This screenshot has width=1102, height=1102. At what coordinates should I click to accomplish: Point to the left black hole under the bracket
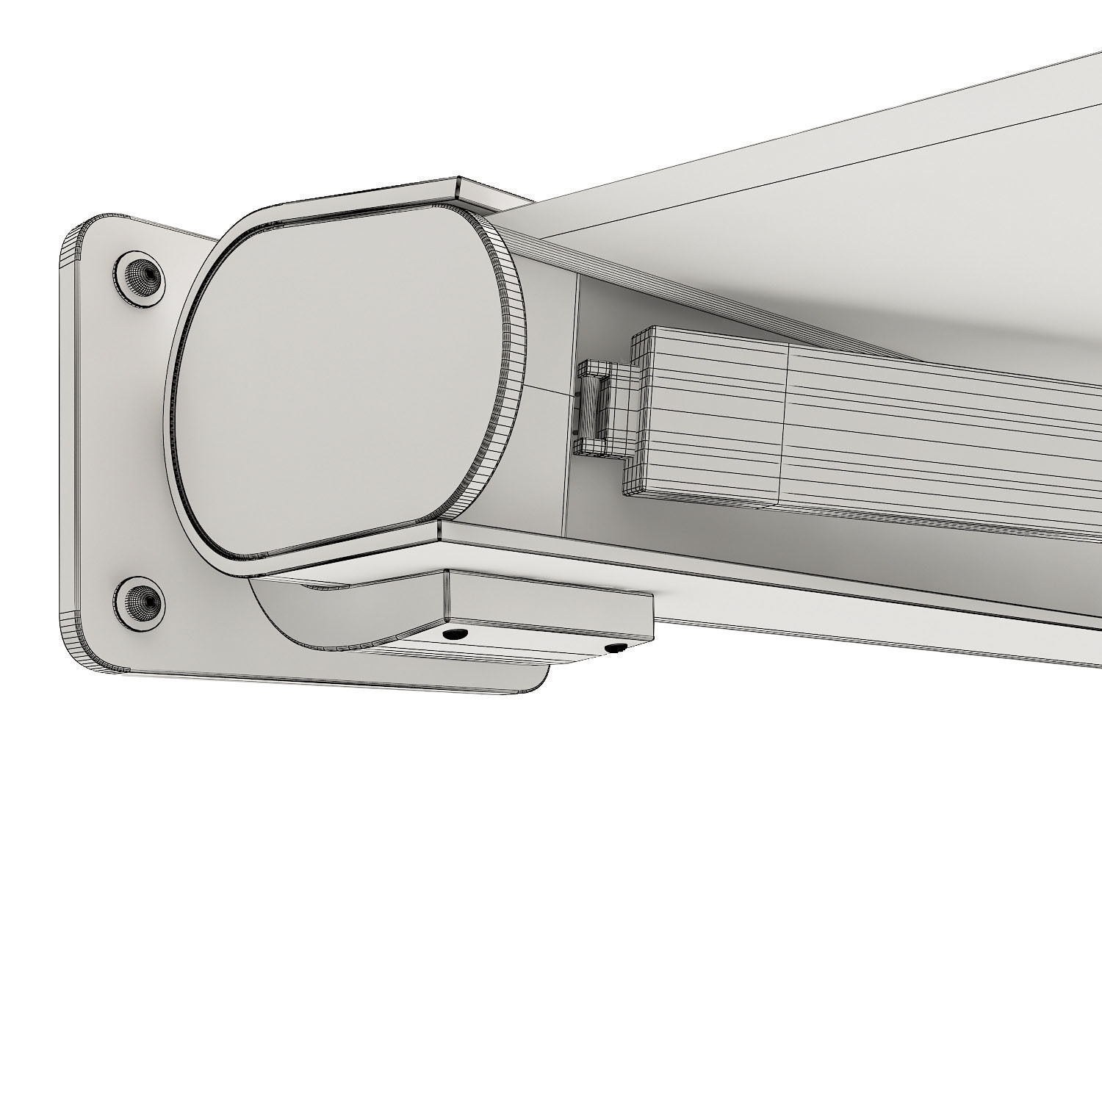coord(453,633)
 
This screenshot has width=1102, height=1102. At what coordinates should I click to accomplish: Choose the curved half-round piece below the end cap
coord(294,610)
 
